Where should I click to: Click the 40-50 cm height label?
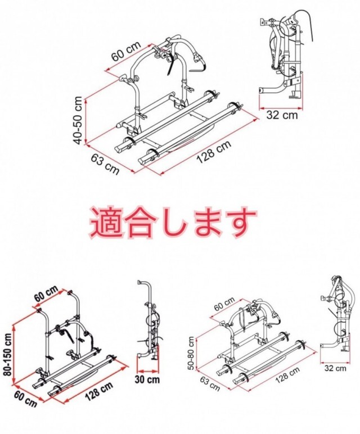[x=79, y=120]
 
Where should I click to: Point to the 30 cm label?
[x=147, y=379]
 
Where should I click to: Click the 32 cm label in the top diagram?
[x=282, y=115]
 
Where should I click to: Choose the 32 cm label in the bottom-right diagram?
[x=335, y=368]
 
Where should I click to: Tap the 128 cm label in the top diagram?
[x=214, y=152]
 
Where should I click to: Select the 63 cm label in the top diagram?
[x=105, y=164]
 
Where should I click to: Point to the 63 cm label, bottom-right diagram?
[x=210, y=382]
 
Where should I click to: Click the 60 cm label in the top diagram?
[x=126, y=51]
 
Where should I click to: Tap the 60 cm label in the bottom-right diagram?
[x=224, y=304]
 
